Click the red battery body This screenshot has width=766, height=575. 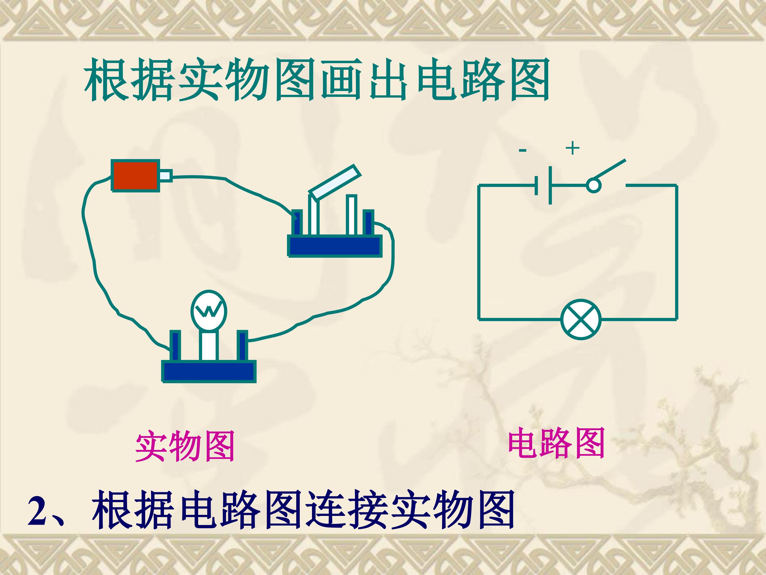[135, 175]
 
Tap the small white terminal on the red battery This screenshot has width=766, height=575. [166, 175]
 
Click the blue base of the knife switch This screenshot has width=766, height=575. [335, 246]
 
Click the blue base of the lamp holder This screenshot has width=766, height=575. [209, 371]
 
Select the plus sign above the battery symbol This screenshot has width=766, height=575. [572, 148]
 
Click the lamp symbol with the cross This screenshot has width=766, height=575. [581, 319]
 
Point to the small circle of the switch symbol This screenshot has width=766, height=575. [593, 186]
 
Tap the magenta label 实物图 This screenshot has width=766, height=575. [185, 446]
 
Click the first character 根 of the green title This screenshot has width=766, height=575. [105, 80]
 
